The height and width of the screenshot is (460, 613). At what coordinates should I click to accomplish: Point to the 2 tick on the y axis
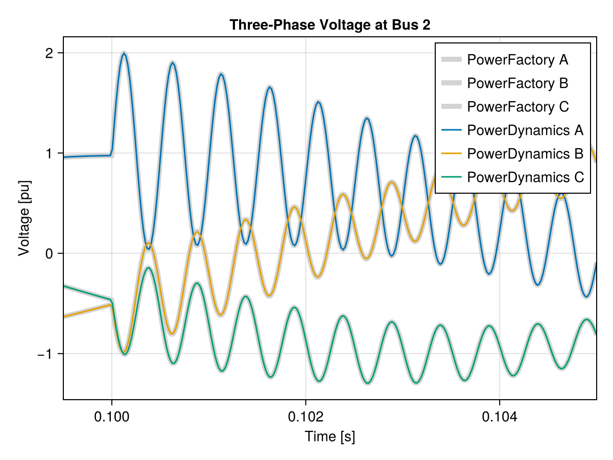(x=50, y=53)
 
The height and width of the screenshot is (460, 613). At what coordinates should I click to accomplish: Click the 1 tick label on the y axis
(x=50, y=153)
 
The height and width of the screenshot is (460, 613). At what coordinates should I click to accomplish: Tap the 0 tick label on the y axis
(x=50, y=254)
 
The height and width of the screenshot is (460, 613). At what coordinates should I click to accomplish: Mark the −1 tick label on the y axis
(x=45, y=354)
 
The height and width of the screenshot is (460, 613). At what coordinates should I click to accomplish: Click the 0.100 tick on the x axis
(x=111, y=417)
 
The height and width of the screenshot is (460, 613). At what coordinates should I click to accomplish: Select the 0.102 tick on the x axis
(x=305, y=417)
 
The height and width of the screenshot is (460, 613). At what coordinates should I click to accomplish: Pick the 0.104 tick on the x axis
(x=499, y=417)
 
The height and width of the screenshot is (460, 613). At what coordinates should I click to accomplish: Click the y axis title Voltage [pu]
(x=24, y=218)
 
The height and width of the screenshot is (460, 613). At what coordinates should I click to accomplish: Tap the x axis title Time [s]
(x=329, y=437)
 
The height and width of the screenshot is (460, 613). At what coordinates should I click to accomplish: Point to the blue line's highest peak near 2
(x=124, y=54)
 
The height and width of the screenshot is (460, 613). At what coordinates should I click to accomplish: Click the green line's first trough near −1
(x=125, y=354)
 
